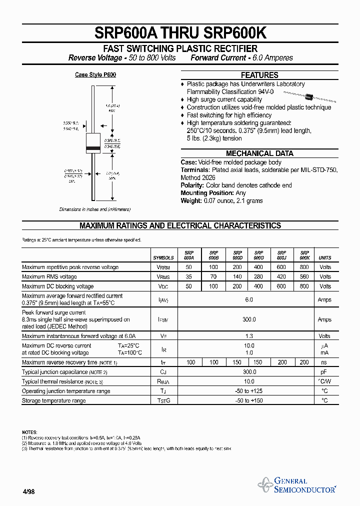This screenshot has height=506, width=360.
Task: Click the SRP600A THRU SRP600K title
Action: (180, 33)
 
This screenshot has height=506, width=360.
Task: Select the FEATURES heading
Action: (259, 75)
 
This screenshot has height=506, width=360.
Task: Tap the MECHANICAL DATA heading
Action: (259, 153)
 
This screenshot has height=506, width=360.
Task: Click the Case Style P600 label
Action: (95, 74)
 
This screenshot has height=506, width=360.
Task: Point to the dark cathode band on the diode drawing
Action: (93, 148)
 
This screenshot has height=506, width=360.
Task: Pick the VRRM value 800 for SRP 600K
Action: (304, 267)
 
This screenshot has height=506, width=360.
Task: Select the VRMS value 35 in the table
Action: (188, 276)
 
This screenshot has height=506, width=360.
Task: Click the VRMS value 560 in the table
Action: (304, 276)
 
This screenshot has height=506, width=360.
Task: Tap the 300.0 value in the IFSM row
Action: (249, 319)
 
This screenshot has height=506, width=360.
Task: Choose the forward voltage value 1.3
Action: (249, 336)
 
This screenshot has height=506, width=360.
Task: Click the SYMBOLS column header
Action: (163, 258)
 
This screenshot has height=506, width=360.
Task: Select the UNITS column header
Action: (325, 258)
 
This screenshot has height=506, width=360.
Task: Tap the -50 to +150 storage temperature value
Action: (249, 400)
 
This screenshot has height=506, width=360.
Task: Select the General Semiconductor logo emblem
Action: (264, 484)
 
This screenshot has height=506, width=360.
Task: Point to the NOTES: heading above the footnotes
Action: (29, 431)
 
